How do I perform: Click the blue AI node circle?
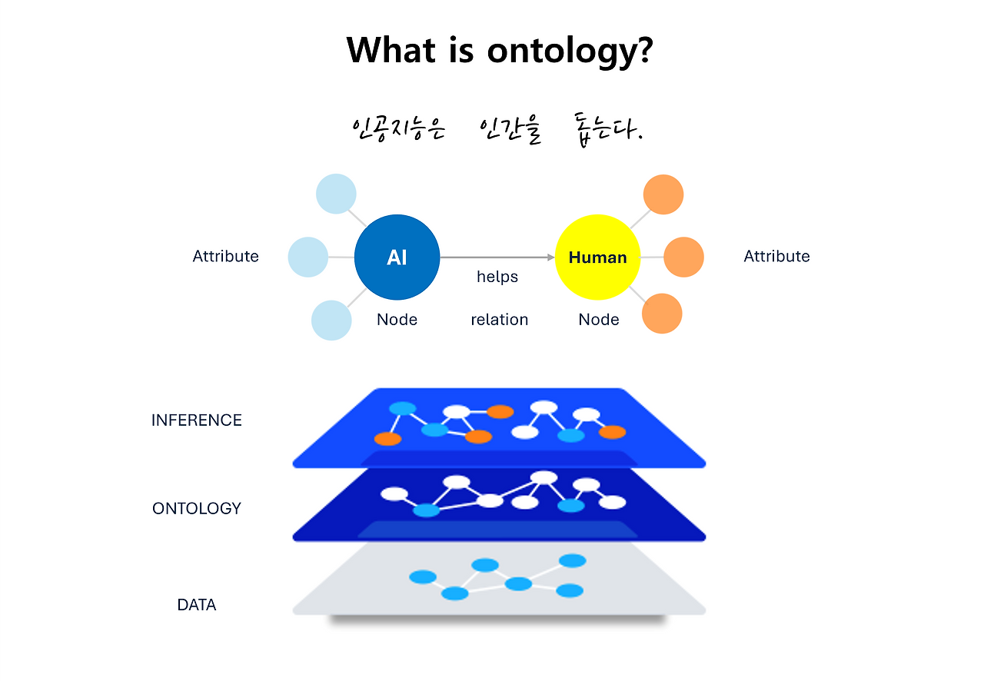coord(397,257)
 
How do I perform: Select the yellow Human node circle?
coord(597,257)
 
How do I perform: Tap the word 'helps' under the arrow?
coord(497,277)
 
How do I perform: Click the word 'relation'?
coord(500,320)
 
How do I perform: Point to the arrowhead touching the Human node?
coord(550,257)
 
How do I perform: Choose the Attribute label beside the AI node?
coord(225,256)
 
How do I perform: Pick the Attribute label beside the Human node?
coord(776,256)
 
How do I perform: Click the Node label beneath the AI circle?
coord(397,320)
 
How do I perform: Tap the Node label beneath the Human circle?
coord(599,320)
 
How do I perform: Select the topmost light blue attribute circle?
coord(336,194)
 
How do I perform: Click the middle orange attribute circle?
coord(683,257)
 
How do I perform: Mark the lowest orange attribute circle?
coord(662,314)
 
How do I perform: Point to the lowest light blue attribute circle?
coord(331,320)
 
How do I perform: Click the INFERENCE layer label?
coord(197,420)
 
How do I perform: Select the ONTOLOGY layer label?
coord(197,508)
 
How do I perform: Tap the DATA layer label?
coord(197,605)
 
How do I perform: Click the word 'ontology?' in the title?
coord(570,51)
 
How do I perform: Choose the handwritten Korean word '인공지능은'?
coord(398,129)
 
